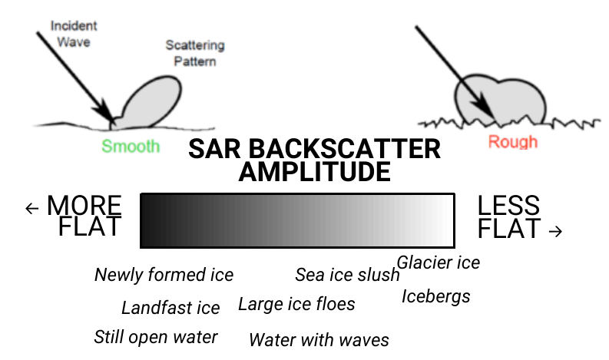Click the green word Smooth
(x=131, y=147)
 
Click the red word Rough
(x=513, y=142)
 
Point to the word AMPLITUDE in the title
(x=314, y=172)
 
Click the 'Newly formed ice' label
(x=164, y=275)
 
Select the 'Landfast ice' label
(x=170, y=309)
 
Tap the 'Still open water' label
(x=156, y=337)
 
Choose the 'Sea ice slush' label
(x=347, y=275)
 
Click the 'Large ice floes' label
(x=296, y=304)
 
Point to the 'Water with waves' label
(x=319, y=339)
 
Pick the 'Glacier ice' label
(x=439, y=263)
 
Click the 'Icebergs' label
(x=436, y=296)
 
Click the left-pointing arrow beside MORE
(x=31, y=208)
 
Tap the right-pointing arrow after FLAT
(x=557, y=230)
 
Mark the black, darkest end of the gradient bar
(x=150, y=221)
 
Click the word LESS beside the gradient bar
(x=508, y=206)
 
